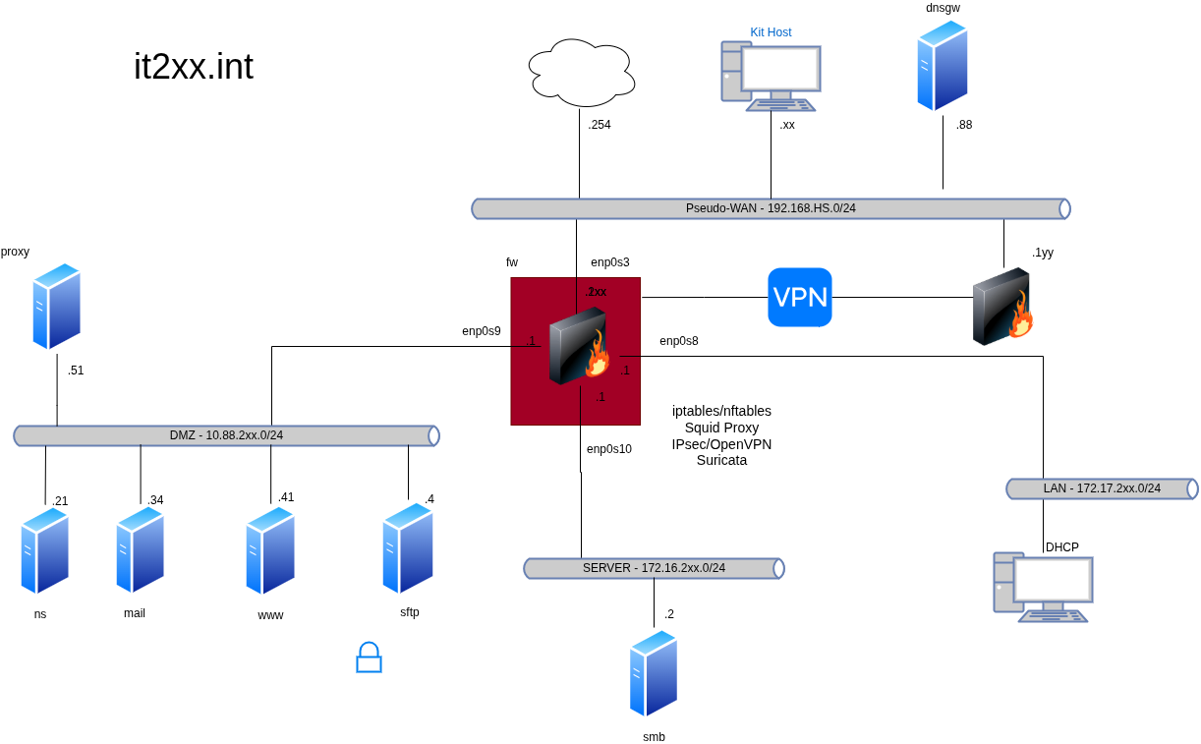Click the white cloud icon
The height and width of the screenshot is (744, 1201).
click(582, 73)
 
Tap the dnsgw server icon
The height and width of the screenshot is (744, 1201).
click(942, 66)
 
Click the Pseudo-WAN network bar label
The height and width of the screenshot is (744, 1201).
click(771, 208)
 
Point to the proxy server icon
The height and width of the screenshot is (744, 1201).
click(56, 306)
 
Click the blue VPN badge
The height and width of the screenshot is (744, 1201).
click(799, 297)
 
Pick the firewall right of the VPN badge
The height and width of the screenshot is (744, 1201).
click(1002, 307)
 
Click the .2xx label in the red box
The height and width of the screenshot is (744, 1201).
click(596, 292)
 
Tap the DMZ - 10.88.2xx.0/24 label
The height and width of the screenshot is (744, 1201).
click(226, 435)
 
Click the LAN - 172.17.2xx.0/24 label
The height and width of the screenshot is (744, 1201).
click(1102, 488)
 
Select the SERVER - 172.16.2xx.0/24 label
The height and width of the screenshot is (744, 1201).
click(654, 568)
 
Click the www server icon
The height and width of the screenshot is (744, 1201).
click(270, 550)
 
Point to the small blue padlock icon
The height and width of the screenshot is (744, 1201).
click(369, 658)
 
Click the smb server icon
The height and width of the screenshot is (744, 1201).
click(654, 673)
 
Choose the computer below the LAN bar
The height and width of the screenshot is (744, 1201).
click(1042, 587)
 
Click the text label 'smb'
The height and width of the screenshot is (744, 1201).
click(654, 736)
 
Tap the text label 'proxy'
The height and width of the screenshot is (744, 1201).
click(15, 252)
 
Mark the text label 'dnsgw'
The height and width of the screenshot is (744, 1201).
click(943, 8)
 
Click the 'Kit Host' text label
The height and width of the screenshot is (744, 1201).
click(771, 32)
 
